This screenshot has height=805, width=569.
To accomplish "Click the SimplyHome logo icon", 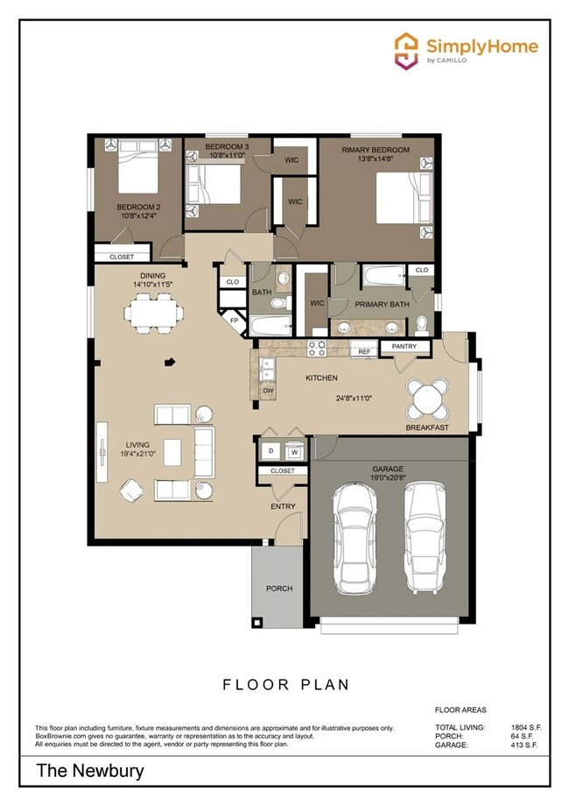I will click(406, 50).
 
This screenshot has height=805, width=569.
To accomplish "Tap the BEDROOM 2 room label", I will click(138, 208).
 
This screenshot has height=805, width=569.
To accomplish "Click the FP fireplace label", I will click(234, 321).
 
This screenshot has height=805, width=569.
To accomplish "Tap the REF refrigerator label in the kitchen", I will click(364, 351).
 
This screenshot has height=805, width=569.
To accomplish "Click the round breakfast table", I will click(428, 399).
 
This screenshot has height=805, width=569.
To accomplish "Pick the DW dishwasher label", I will click(268, 391).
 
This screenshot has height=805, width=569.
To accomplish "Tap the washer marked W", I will click(294, 451).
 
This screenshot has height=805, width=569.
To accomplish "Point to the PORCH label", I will click(279, 588).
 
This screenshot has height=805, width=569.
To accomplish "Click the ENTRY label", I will click(283, 506).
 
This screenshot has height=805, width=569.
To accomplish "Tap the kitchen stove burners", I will click(317, 349).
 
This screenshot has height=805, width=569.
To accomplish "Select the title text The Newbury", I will click(90, 772).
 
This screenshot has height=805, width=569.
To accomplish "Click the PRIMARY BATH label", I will click(382, 304).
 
